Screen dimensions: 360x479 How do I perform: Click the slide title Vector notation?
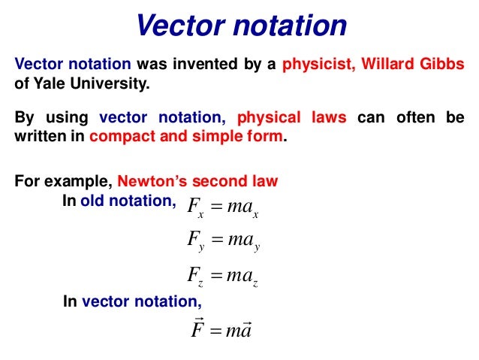pyautogui.click(x=240, y=26)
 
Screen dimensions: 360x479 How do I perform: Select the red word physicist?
pyautogui.click(x=318, y=64)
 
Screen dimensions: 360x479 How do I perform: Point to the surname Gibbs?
pyautogui.click(x=442, y=64)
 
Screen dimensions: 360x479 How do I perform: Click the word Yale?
pyautogui.click(x=46, y=83)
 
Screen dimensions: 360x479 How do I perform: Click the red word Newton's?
pyautogui.click(x=149, y=181)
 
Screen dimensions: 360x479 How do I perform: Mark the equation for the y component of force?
pyautogui.click(x=223, y=242)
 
